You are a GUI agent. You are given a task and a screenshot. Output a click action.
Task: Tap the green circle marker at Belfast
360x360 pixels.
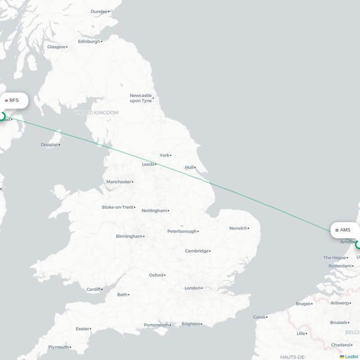(x=1, y=117)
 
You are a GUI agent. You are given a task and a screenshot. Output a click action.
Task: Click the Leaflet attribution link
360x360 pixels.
(x=351, y=356)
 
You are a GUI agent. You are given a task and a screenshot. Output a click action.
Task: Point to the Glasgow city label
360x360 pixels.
(x=56, y=47)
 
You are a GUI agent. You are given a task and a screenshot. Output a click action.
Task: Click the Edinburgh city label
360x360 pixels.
(x=89, y=41)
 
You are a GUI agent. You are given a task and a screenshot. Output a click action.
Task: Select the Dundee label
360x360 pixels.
(x=99, y=11)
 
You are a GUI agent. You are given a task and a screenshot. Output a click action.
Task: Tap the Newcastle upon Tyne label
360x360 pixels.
(x=140, y=98)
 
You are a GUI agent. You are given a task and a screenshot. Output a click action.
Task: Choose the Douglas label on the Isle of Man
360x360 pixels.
(x=49, y=144)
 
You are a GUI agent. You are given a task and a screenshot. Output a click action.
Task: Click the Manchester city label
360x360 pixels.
(x=119, y=182)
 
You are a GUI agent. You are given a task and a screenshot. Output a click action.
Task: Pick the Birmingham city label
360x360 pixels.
(x=129, y=236)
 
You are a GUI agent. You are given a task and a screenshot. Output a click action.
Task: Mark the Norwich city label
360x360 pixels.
(x=238, y=228)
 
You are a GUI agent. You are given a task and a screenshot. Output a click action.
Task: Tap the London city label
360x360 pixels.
(x=192, y=288)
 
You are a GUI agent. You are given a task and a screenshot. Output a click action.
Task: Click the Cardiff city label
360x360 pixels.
(x=94, y=289)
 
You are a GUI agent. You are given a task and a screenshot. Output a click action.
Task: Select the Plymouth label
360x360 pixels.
(x=58, y=347)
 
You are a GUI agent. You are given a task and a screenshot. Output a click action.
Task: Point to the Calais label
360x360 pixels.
(x=259, y=317)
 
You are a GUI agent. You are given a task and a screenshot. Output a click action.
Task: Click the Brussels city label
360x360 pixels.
(x=338, y=322)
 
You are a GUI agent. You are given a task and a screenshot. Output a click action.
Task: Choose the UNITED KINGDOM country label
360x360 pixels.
(x=96, y=112)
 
